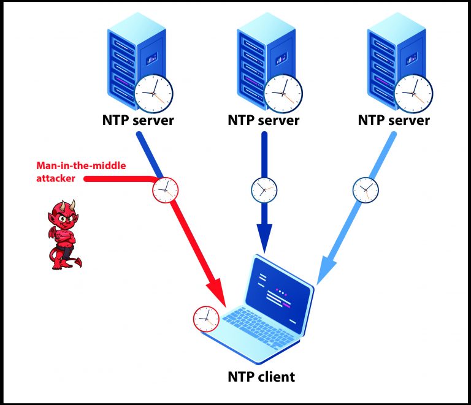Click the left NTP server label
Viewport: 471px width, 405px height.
(x=138, y=120)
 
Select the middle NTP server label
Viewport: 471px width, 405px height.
(x=264, y=120)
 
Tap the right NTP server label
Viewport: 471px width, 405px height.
(x=394, y=120)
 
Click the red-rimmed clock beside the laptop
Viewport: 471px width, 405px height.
(x=206, y=318)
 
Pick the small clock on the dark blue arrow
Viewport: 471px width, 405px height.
(x=264, y=189)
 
